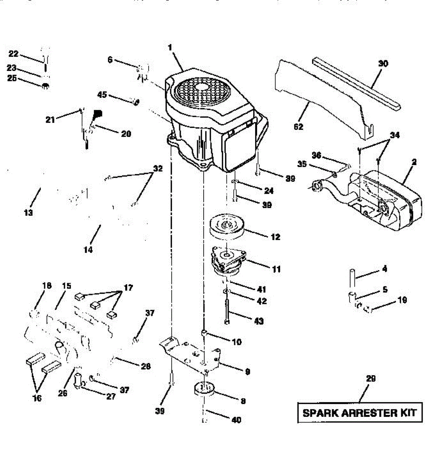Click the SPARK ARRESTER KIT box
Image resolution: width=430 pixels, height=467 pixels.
click(359, 413)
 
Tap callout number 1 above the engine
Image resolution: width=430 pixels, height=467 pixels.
click(170, 47)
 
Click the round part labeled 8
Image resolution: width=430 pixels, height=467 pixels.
click(205, 390)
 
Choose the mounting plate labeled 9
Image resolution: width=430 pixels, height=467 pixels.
click(194, 354)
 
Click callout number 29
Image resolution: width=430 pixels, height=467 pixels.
click(371, 378)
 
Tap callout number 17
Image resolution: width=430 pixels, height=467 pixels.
click(128, 288)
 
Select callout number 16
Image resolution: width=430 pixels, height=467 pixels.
click(37, 398)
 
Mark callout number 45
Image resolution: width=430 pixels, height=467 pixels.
click(102, 95)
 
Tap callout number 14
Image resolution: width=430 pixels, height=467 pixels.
click(88, 249)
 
